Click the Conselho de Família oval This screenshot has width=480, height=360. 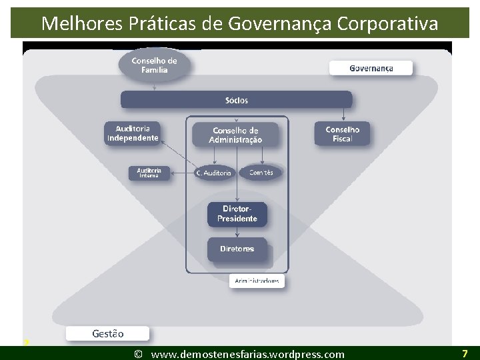click(x=154, y=65)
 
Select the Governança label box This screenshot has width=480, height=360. click(x=371, y=68)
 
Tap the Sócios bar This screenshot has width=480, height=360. click(x=236, y=100)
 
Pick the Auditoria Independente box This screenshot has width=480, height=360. click(x=133, y=133)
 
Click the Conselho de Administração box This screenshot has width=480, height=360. click(x=235, y=135)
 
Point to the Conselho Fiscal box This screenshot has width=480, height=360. click(x=342, y=134)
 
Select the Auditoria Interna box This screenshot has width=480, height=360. click(x=149, y=173)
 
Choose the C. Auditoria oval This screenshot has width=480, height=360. click(x=213, y=173)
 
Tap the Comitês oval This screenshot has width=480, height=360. click(x=261, y=173)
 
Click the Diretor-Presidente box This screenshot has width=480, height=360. click(x=237, y=214)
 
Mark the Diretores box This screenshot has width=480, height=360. click(x=237, y=249)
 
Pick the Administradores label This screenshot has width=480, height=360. click(x=257, y=281)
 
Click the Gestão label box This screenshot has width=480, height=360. click(x=107, y=333)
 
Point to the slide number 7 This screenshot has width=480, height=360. click(x=465, y=353)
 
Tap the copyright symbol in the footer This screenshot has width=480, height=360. click(x=138, y=354)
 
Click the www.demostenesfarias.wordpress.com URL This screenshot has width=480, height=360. click(x=248, y=354)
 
